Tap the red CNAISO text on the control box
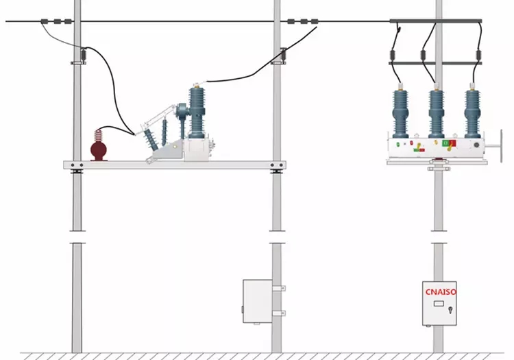pos(441,291)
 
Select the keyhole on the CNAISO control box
pos(450,310)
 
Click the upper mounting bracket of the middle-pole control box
pos(278,289)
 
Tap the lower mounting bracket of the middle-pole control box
pos(278,313)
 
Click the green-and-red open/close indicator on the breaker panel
pos(448,143)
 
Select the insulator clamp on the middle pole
pos(282,54)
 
